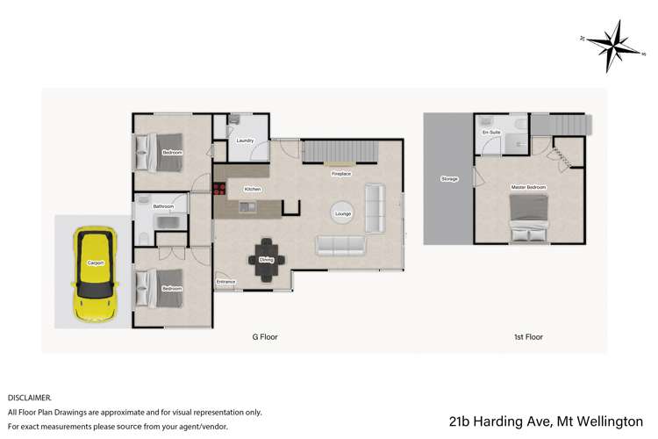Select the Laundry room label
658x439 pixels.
pyautogui.click(x=246, y=140)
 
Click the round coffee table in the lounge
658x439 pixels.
pyautogui.click(x=343, y=213)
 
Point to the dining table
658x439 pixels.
pyautogui.click(x=266, y=259)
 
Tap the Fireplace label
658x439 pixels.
pyautogui.click(x=340, y=174)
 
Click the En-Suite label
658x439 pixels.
pyautogui.click(x=490, y=133)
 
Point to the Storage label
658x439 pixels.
pyautogui.click(x=449, y=179)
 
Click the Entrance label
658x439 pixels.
pyautogui.click(x=225, y=281)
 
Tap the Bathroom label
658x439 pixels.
pyautogui.click(x=163, y=206)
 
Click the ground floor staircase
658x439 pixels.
pyautogui.click(x=340, y=152)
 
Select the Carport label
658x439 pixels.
pyautogui.click(x=96, y=262)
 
